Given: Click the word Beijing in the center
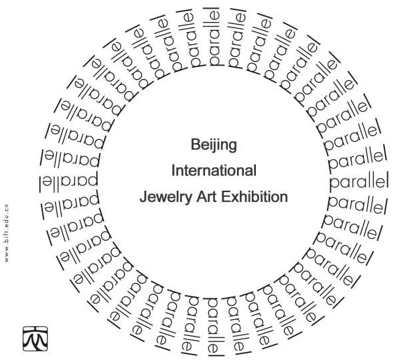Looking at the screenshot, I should click(214, 145).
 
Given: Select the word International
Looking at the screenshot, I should click(214, 171).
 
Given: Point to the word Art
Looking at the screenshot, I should click(205, 197).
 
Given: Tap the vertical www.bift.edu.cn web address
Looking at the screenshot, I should click(7, 232).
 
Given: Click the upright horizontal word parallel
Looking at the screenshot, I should click(358, 181).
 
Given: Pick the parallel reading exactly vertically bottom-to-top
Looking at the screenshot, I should click(213, 37).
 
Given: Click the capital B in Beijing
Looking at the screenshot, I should click(196, 145).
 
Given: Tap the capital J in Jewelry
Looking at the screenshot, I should click(143, 197).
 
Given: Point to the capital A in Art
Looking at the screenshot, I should click(198, 197).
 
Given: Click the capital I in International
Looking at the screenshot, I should click(173, 171).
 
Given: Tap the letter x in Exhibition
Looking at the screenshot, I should click(234, 197).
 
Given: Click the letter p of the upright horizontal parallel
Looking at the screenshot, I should click(334, 183).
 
